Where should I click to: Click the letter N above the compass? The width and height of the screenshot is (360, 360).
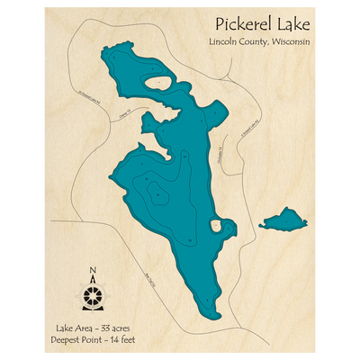93,270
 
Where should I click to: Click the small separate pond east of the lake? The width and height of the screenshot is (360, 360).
283,219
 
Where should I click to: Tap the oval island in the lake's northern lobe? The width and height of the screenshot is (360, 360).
164,86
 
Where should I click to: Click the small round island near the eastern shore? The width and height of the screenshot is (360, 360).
216,226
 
